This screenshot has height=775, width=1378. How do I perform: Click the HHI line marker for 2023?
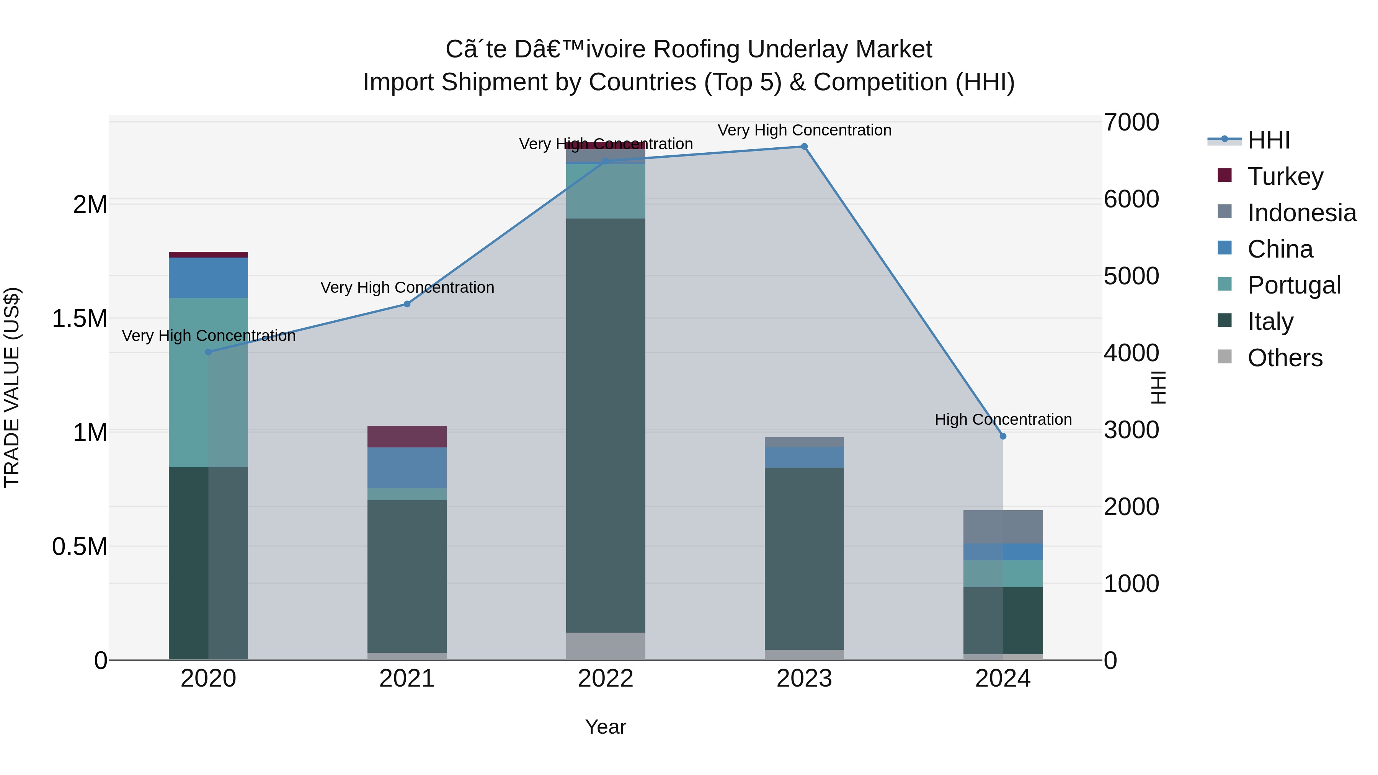(804, 147)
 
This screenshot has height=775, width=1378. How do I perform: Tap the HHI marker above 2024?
(1003, 436)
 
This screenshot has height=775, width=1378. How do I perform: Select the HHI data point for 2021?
(407, 304)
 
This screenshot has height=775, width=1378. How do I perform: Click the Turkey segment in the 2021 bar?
(407, 436)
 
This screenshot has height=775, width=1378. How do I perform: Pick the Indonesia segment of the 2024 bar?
(1003, 527)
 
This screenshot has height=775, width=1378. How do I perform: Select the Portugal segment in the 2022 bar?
(606, 191)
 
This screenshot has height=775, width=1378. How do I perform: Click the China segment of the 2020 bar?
(209, 277)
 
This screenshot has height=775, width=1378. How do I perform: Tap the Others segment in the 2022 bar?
(606, 646)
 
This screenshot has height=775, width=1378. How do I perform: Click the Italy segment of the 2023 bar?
(804, 558)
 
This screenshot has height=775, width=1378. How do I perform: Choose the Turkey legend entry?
(1285, 176)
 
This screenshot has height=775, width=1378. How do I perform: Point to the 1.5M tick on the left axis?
(79, 319)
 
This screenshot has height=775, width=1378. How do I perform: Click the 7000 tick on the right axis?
(1131, 122)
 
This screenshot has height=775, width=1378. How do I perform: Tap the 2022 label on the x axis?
(606, 679)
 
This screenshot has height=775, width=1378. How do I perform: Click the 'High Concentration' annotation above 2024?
(1003, 419)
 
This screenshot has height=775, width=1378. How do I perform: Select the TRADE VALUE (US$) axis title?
(12, 387)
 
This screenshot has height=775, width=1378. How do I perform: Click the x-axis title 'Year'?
(606, 727)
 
